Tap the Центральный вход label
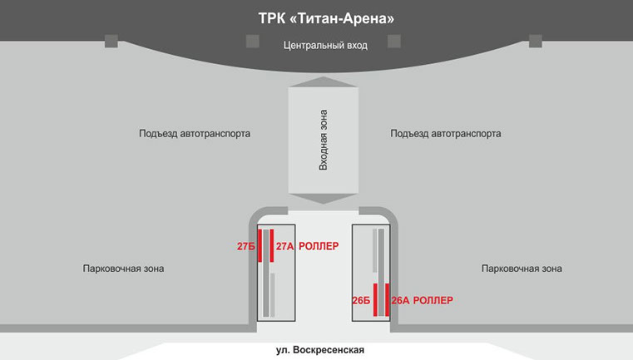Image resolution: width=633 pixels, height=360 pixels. [325, 45]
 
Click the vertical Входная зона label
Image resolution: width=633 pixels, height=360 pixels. [324, 140]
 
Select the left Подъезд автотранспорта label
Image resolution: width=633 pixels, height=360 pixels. [195, 133]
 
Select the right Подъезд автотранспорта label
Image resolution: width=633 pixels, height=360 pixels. [446, 133]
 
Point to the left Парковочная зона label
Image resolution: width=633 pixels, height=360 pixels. [124, 269]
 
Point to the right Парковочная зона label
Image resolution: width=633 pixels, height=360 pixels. [522, 269]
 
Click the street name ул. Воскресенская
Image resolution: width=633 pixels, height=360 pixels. [320, 350]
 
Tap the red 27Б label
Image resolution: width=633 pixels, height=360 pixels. [245, 247]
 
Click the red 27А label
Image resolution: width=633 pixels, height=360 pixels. [284, 247]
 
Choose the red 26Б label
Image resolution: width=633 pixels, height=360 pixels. [361, 300]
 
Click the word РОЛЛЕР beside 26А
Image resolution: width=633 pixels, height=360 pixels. [433, 300]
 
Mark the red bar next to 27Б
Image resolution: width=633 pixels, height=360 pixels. [260, 245]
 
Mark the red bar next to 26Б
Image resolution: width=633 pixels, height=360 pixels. [375, 299]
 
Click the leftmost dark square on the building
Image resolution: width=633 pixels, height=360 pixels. [111, 41]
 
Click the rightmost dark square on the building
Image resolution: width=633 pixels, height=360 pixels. [536, 41]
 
